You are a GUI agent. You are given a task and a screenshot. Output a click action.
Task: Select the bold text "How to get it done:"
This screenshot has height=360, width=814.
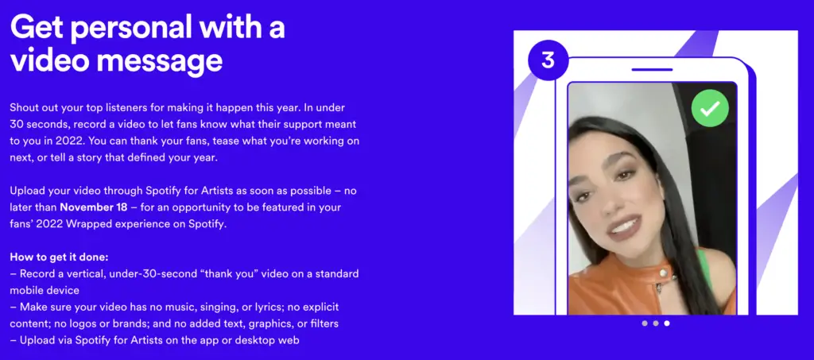[59, 257]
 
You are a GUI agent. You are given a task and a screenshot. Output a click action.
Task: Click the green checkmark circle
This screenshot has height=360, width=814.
[710, 108]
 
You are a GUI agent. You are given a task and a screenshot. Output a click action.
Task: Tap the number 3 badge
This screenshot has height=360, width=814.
[548, 60]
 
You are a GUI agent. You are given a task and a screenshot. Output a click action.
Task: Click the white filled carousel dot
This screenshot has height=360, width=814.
[667, 323]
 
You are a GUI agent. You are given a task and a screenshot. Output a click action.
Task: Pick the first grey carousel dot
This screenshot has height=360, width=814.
[644, 323]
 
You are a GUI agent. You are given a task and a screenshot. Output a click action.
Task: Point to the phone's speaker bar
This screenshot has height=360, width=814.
[652, 69]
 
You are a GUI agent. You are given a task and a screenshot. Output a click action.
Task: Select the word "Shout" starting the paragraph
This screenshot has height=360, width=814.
[24, 108]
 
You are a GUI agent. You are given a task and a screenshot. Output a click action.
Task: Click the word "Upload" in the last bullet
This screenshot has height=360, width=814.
[37, 341]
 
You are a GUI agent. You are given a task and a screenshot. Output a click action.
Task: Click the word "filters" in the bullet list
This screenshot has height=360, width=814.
[324, 323]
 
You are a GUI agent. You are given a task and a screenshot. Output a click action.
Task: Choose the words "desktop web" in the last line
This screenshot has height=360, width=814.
[271, 341]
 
